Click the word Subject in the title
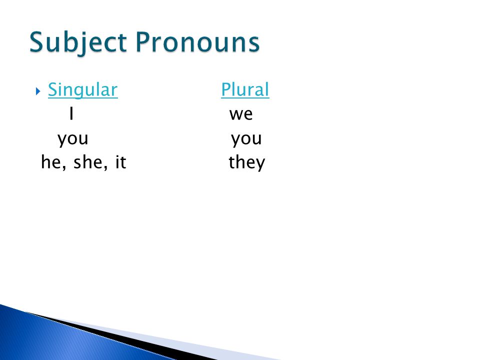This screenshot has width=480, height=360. coord(78,43)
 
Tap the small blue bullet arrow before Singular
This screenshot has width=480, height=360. coord(38,91)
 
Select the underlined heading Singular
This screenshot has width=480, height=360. coord(82,90)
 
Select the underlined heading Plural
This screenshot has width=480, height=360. coord(245,89)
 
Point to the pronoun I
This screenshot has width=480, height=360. coord(71,113)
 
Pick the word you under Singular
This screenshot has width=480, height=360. coord(73,139)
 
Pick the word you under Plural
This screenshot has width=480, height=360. coord(246,139)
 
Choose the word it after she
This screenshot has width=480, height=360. coord(120,162)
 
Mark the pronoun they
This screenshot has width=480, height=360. coord(246,163)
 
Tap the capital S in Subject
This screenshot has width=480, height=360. coord(36,42)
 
